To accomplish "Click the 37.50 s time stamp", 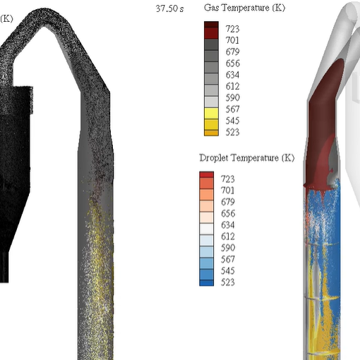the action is [x=169, y=8].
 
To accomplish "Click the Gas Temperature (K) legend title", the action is [x=245, y=8].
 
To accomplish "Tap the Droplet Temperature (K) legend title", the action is [x=247, y=158].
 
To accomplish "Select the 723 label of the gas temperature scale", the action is [x=232, y=29].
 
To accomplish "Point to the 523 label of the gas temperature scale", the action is [x=232, y=132].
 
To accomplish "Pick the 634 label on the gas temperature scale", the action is [x=232, y=75].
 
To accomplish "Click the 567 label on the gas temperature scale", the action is [x=232, y=109].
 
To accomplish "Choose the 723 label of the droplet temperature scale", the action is [x=228, y=179].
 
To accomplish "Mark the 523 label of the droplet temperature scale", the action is [x=228, y=282].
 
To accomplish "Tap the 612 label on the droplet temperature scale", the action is [x=228, y=236].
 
